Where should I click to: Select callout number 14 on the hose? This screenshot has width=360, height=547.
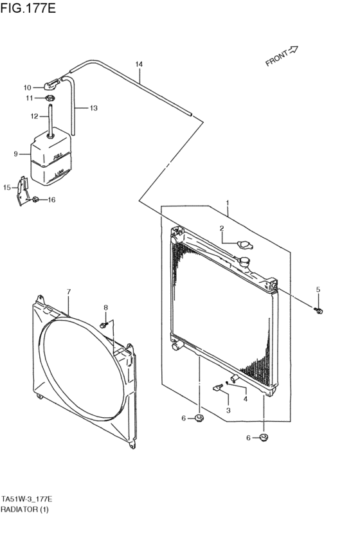[139, 64]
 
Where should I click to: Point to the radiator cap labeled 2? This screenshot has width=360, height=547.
[246, 244]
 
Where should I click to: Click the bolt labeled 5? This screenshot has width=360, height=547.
[318, 311]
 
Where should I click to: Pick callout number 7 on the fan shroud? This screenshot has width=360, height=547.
[69, 292]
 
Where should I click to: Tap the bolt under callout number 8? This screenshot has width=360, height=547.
[105, 326]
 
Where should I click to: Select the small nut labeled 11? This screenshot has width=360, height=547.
[51, 98]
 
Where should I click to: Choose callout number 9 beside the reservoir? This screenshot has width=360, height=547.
[16, 154]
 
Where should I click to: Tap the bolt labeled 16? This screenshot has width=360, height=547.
[36, 200]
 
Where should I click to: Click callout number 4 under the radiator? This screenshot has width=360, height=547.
[245, 399]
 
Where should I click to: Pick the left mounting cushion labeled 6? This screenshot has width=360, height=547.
[200, 419]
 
